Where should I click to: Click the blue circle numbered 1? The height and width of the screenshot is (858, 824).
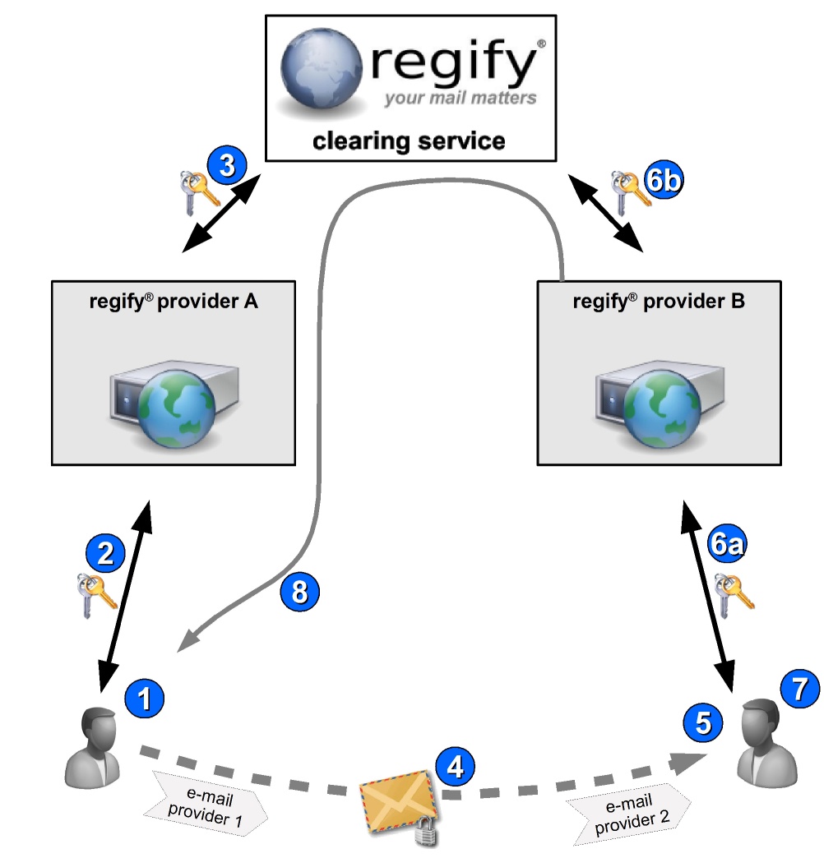(x=144, y=700)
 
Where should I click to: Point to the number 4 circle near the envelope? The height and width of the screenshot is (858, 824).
(x=456, y=768)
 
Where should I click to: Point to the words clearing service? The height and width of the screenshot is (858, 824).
(x=409, y=141)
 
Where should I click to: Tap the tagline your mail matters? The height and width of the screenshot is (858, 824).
(x=460, y=99)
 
